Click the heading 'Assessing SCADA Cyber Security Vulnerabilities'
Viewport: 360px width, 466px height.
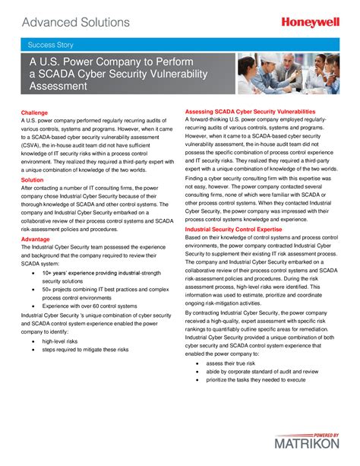click(x=250, y=112)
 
